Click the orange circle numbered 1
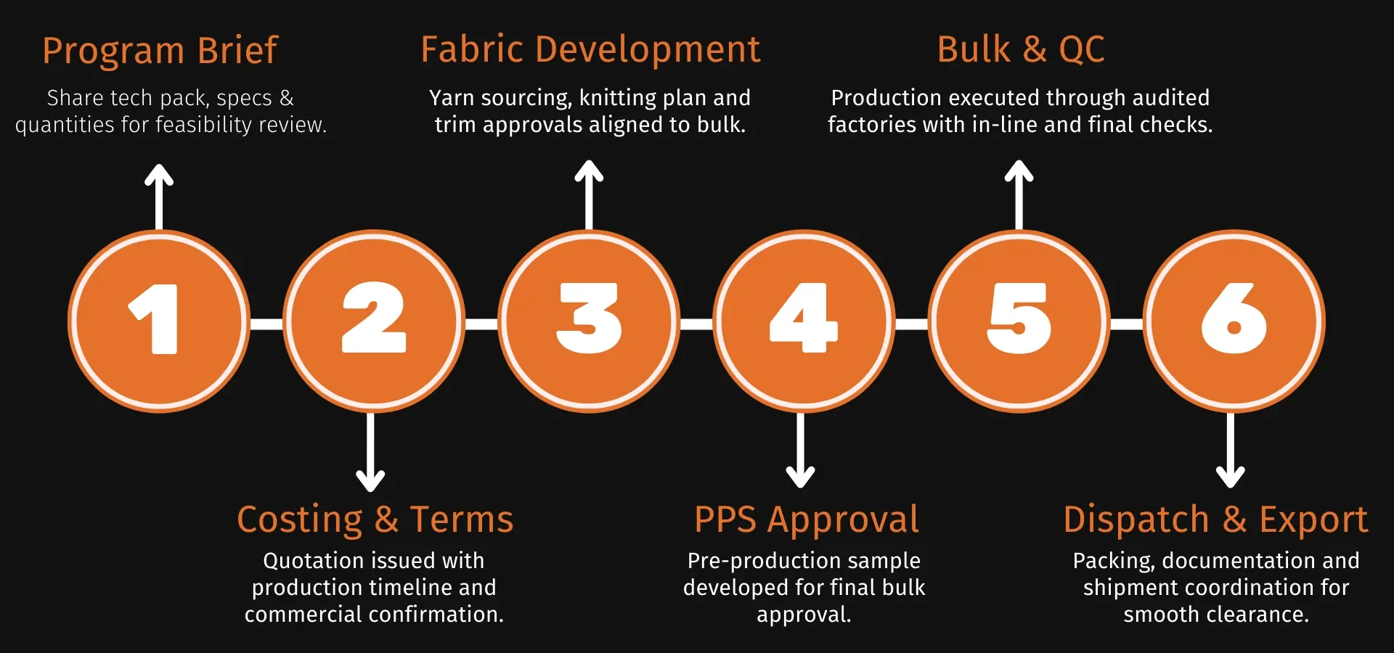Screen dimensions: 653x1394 pos(159,321)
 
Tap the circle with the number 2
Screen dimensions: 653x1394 pos(374,321)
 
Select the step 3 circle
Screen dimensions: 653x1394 pos(589,321)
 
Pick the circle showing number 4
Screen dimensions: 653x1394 pos(804,321)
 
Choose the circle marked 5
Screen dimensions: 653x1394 pos(1019,321)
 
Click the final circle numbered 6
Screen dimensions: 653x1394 pos(1234,321)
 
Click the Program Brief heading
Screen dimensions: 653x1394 pos(160,51)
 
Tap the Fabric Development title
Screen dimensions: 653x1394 pos(590,50)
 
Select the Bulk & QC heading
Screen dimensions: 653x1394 pos(1020,50)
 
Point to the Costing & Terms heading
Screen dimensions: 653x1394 pos(375,519)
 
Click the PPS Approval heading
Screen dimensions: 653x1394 pos(806,519)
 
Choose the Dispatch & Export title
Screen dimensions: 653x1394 pos(1215,519)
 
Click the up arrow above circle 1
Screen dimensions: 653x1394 pos(159,196)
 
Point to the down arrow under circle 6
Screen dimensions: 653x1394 pos(1231,450)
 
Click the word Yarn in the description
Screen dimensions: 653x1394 pos(452,98)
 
